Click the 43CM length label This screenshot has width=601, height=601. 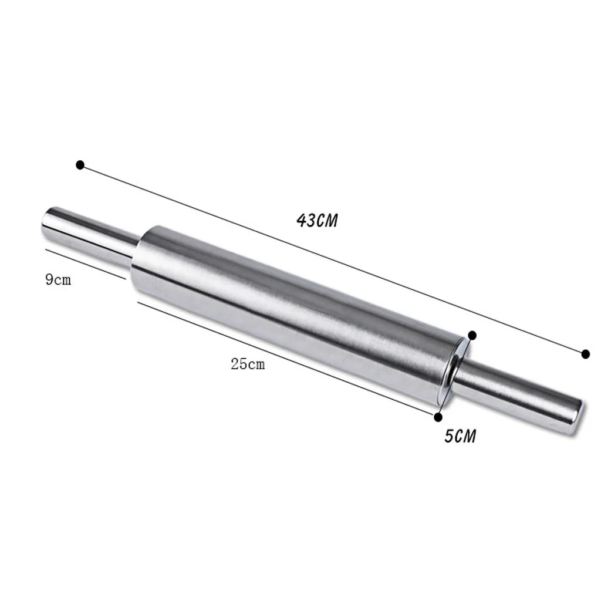[x=317, y=221]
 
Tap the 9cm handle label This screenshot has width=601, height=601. [x=58, y=280]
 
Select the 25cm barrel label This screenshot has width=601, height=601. [x=248, y=364]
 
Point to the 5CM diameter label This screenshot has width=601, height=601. [x=460, y=436]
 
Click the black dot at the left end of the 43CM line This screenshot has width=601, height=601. [x=80, y=165]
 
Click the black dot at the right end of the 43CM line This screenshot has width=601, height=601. [x=585, y=354]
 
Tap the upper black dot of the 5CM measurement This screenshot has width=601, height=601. [x=472, y=336]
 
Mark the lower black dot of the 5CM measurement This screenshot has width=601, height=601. [x=438, y=417]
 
